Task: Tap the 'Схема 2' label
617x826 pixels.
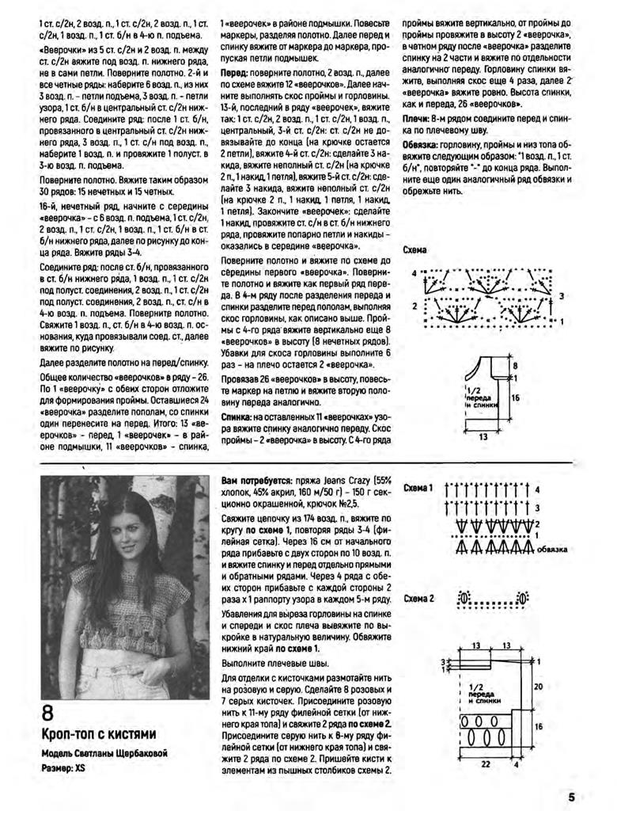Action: (418, 598)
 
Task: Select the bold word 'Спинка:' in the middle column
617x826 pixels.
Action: (237, 415)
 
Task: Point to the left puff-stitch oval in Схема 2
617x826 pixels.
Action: (464, 597)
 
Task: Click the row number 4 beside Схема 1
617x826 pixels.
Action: (536, 490)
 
